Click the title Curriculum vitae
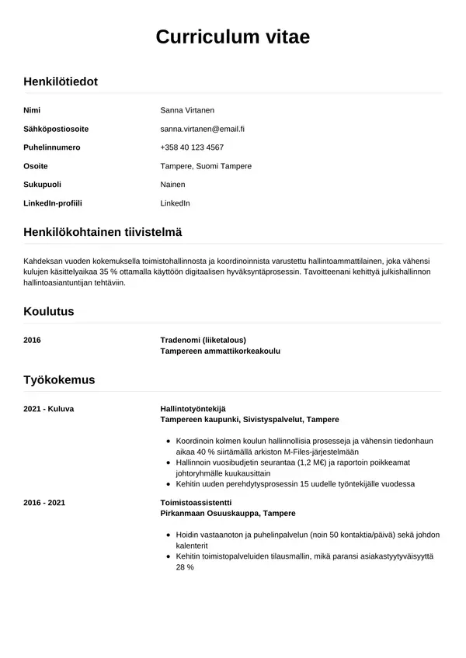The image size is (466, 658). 233,37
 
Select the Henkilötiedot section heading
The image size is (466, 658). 61,81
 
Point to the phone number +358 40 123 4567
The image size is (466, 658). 192,147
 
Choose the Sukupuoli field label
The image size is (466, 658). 43,185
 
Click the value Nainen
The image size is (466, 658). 172,185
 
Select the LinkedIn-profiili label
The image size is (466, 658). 53,203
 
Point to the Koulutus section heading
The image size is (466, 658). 49,311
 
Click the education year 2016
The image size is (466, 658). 33,340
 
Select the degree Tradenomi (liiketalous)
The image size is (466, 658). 203,340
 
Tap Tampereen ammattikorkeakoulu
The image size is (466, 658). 220,351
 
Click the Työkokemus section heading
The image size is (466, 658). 59,379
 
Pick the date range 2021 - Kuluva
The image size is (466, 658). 49,408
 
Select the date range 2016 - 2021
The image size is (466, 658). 44,503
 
